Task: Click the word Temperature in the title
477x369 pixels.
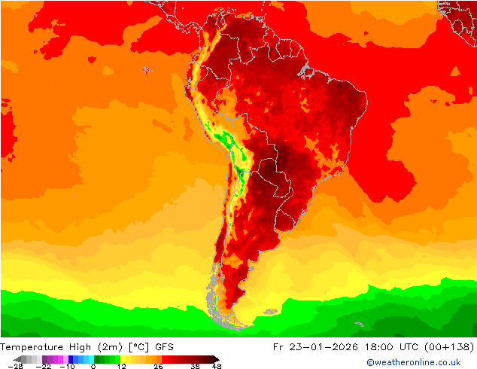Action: (x=32, y=347)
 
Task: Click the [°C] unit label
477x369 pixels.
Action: (x=140, y=347)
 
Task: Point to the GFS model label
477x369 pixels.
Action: (x=165, y=347)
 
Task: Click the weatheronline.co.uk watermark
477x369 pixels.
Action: (x=414, y=362)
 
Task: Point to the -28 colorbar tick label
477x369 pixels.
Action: (x=14, y=366)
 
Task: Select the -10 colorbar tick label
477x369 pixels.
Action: (x=68, y=366)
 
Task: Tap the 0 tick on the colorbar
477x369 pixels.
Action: (x=93, y=366)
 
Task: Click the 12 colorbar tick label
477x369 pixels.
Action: (x=121, y=366)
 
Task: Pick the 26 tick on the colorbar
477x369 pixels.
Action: (x=157, y=366)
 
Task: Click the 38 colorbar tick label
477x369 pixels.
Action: (x=196, y=366)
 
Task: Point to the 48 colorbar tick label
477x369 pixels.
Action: (x=217, y=366)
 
